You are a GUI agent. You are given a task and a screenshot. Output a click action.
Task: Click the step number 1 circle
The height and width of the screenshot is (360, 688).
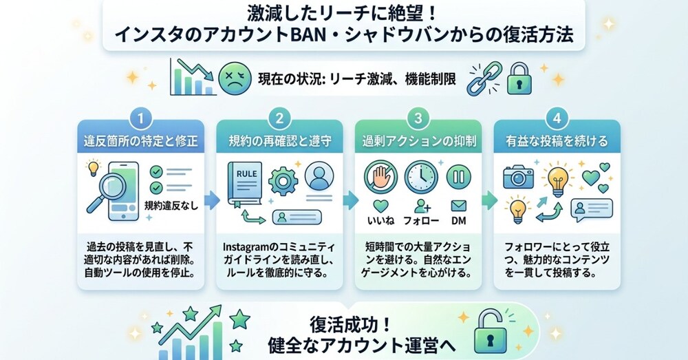pyautogui.click(x=140, y=118)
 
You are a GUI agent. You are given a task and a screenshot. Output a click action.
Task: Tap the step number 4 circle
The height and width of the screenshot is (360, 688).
pyautogui.click(x=557, y=118)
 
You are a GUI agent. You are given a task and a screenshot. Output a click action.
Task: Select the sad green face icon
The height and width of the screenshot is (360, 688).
pyautogui.click(x=235, y=78)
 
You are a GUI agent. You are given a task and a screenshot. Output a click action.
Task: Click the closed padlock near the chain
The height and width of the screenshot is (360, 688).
pyautogui.click(x=519, y=78)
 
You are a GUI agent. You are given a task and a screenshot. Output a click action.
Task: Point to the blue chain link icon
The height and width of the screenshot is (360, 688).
pyautogui.click(x=484, y=78)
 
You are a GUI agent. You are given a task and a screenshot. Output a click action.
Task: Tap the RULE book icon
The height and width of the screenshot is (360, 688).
pyautogui.click(x=245, y=184)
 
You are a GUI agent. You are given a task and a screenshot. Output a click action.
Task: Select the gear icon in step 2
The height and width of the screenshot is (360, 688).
pyautogui.click(x=283, y=181)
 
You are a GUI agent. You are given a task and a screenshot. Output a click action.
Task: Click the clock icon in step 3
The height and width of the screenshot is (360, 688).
pyautogui.click(x=421, y=177)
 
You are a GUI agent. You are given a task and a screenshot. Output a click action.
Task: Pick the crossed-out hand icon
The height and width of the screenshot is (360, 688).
pyautogui.click(x=381, y=177)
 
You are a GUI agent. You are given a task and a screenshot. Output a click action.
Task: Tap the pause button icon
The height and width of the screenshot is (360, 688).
pyautogui.click(x=458, y=177)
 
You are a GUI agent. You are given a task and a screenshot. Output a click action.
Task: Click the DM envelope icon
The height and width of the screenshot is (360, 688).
pyautogui.click(x=458, y=205)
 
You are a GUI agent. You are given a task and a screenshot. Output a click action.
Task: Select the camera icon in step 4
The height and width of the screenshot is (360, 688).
pyautogui.click(x=518, y=177)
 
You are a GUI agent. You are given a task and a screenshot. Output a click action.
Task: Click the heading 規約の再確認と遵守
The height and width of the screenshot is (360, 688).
pyautogui.click(x=280, y=141)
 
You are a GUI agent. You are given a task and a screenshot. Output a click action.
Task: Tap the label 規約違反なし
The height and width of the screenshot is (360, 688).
pyautogui.click(x=171, y=205)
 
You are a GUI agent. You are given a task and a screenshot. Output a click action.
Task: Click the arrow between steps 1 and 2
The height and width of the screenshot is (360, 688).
pyautogui.click(x=212, y=200)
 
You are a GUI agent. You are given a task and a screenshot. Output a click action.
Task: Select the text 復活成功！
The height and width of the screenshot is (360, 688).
pyautogui.click(x=350, y=325)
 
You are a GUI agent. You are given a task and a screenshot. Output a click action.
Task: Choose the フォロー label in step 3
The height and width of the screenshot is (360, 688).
pyautogui.click(x=421, y=220)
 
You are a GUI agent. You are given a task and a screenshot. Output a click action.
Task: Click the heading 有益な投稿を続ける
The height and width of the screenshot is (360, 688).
pyautogui.click(x=557, y=141)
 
